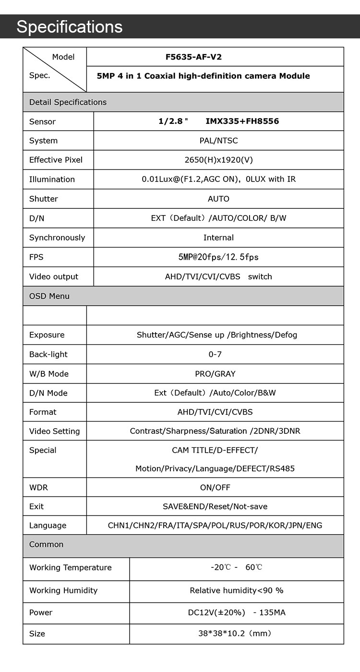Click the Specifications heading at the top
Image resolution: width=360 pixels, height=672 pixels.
(x=70, y=27)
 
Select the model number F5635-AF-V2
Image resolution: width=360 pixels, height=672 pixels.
(x=193, y=57)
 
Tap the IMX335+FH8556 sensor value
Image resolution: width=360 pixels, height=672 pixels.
(x=242, y=121)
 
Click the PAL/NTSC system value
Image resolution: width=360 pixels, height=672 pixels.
(x=218, y=141)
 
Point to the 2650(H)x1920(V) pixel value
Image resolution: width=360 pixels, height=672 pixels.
(x=218, y=160)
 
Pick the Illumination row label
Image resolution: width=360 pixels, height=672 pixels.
(x=52, y=180)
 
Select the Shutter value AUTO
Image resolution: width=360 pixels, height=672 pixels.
(x=218, y=199)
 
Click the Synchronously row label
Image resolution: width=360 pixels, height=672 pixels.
(x=57, y=238)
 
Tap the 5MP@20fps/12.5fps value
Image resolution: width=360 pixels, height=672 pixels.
(x=218, y=257)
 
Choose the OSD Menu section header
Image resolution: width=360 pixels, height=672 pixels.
(x=49, y=296)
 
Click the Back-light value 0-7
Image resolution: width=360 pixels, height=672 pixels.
(x=215, y=354)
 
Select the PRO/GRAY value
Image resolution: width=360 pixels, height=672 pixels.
(x=215, y=373)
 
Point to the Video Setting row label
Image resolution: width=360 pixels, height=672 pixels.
(x=54, y=431)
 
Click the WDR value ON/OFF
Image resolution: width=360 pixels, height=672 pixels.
(x=215, y=487)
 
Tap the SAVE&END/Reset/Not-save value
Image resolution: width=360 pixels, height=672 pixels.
(x=215, y=506)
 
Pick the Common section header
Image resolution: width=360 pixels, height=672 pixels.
(x=46, y=544)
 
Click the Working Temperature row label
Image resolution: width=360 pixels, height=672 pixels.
(x=70, y=567)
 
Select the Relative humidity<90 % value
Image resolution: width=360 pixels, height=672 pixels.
(x=237, y=590)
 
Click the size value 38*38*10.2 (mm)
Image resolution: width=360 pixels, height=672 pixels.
(x=235, y=634)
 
